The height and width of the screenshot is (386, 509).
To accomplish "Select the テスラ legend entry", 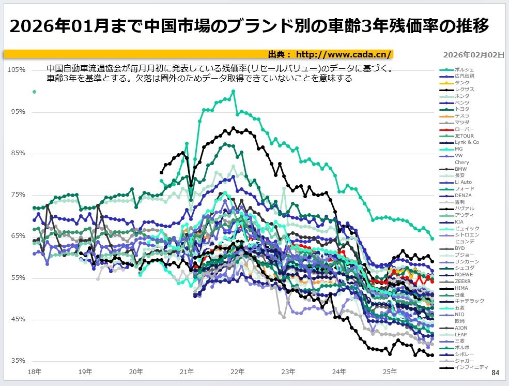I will coord(462,116).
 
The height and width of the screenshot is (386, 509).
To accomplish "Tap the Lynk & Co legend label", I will coord(467,142).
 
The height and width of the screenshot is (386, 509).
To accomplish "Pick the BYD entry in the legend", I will coord(459,248).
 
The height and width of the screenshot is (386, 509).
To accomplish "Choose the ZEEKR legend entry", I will coord(462,281).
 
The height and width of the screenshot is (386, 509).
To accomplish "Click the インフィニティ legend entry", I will coord(471,367).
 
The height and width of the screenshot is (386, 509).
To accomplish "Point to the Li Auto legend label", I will coord(463,182).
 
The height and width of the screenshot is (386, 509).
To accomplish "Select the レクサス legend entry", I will coord(465,90).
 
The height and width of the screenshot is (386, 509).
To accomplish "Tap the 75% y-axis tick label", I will coord(19,195).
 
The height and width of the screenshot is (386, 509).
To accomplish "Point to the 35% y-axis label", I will coord(19,361).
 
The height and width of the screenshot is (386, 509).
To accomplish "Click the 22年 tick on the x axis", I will coord(238,372).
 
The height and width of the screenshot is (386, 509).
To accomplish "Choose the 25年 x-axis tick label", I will coord(390,372).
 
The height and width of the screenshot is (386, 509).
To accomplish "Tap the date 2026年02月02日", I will coord(474,54).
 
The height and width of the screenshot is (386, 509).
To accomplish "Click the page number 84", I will coord(496,373).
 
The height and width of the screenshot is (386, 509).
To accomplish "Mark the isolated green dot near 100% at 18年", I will coord(35,92).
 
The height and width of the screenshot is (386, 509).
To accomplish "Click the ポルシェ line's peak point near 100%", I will coord(234,92).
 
